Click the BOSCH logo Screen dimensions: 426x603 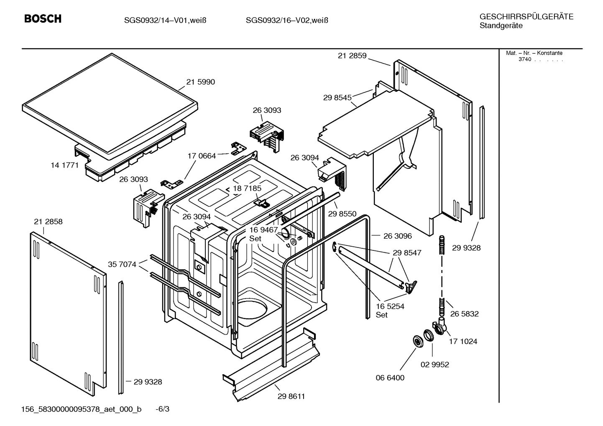pyautogui.click(x=43, y=19)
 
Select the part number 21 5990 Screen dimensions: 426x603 pyautogui.click(x=200, y=82)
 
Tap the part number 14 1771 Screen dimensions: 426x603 pyautogui.click(x=64, y=165)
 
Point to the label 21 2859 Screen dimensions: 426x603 pyautogui.click(x=352, y=56)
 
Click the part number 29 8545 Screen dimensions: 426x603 pyautogui.click(x=337, y=97)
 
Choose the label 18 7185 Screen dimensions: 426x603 pyautogui.click(x=247, y=189)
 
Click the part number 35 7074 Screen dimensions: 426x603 pyautogui.click(x=122, y=264)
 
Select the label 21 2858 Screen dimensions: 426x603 pyautogui.click(x=48, y=222)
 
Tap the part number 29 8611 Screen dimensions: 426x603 pyautogui.click(x=291, y=396)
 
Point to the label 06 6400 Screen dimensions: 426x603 pyautogui.click(x=390, y=378)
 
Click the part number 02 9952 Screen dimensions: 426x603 pyautogui.click(x=434, y=365)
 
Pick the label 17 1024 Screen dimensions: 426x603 pyautogui.click(x=463, y=342)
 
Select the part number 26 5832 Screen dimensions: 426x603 pyautogui.click(x=464, y=314)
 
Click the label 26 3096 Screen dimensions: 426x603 pyautogui.click(x=397, y=236)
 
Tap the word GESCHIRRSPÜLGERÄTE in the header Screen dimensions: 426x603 pyautogui.click(x=526, y=17)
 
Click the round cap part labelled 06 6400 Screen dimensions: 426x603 pyautogui.click(x=417, y=341)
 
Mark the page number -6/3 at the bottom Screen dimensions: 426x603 pyautogui.click(x=162, y=409)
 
